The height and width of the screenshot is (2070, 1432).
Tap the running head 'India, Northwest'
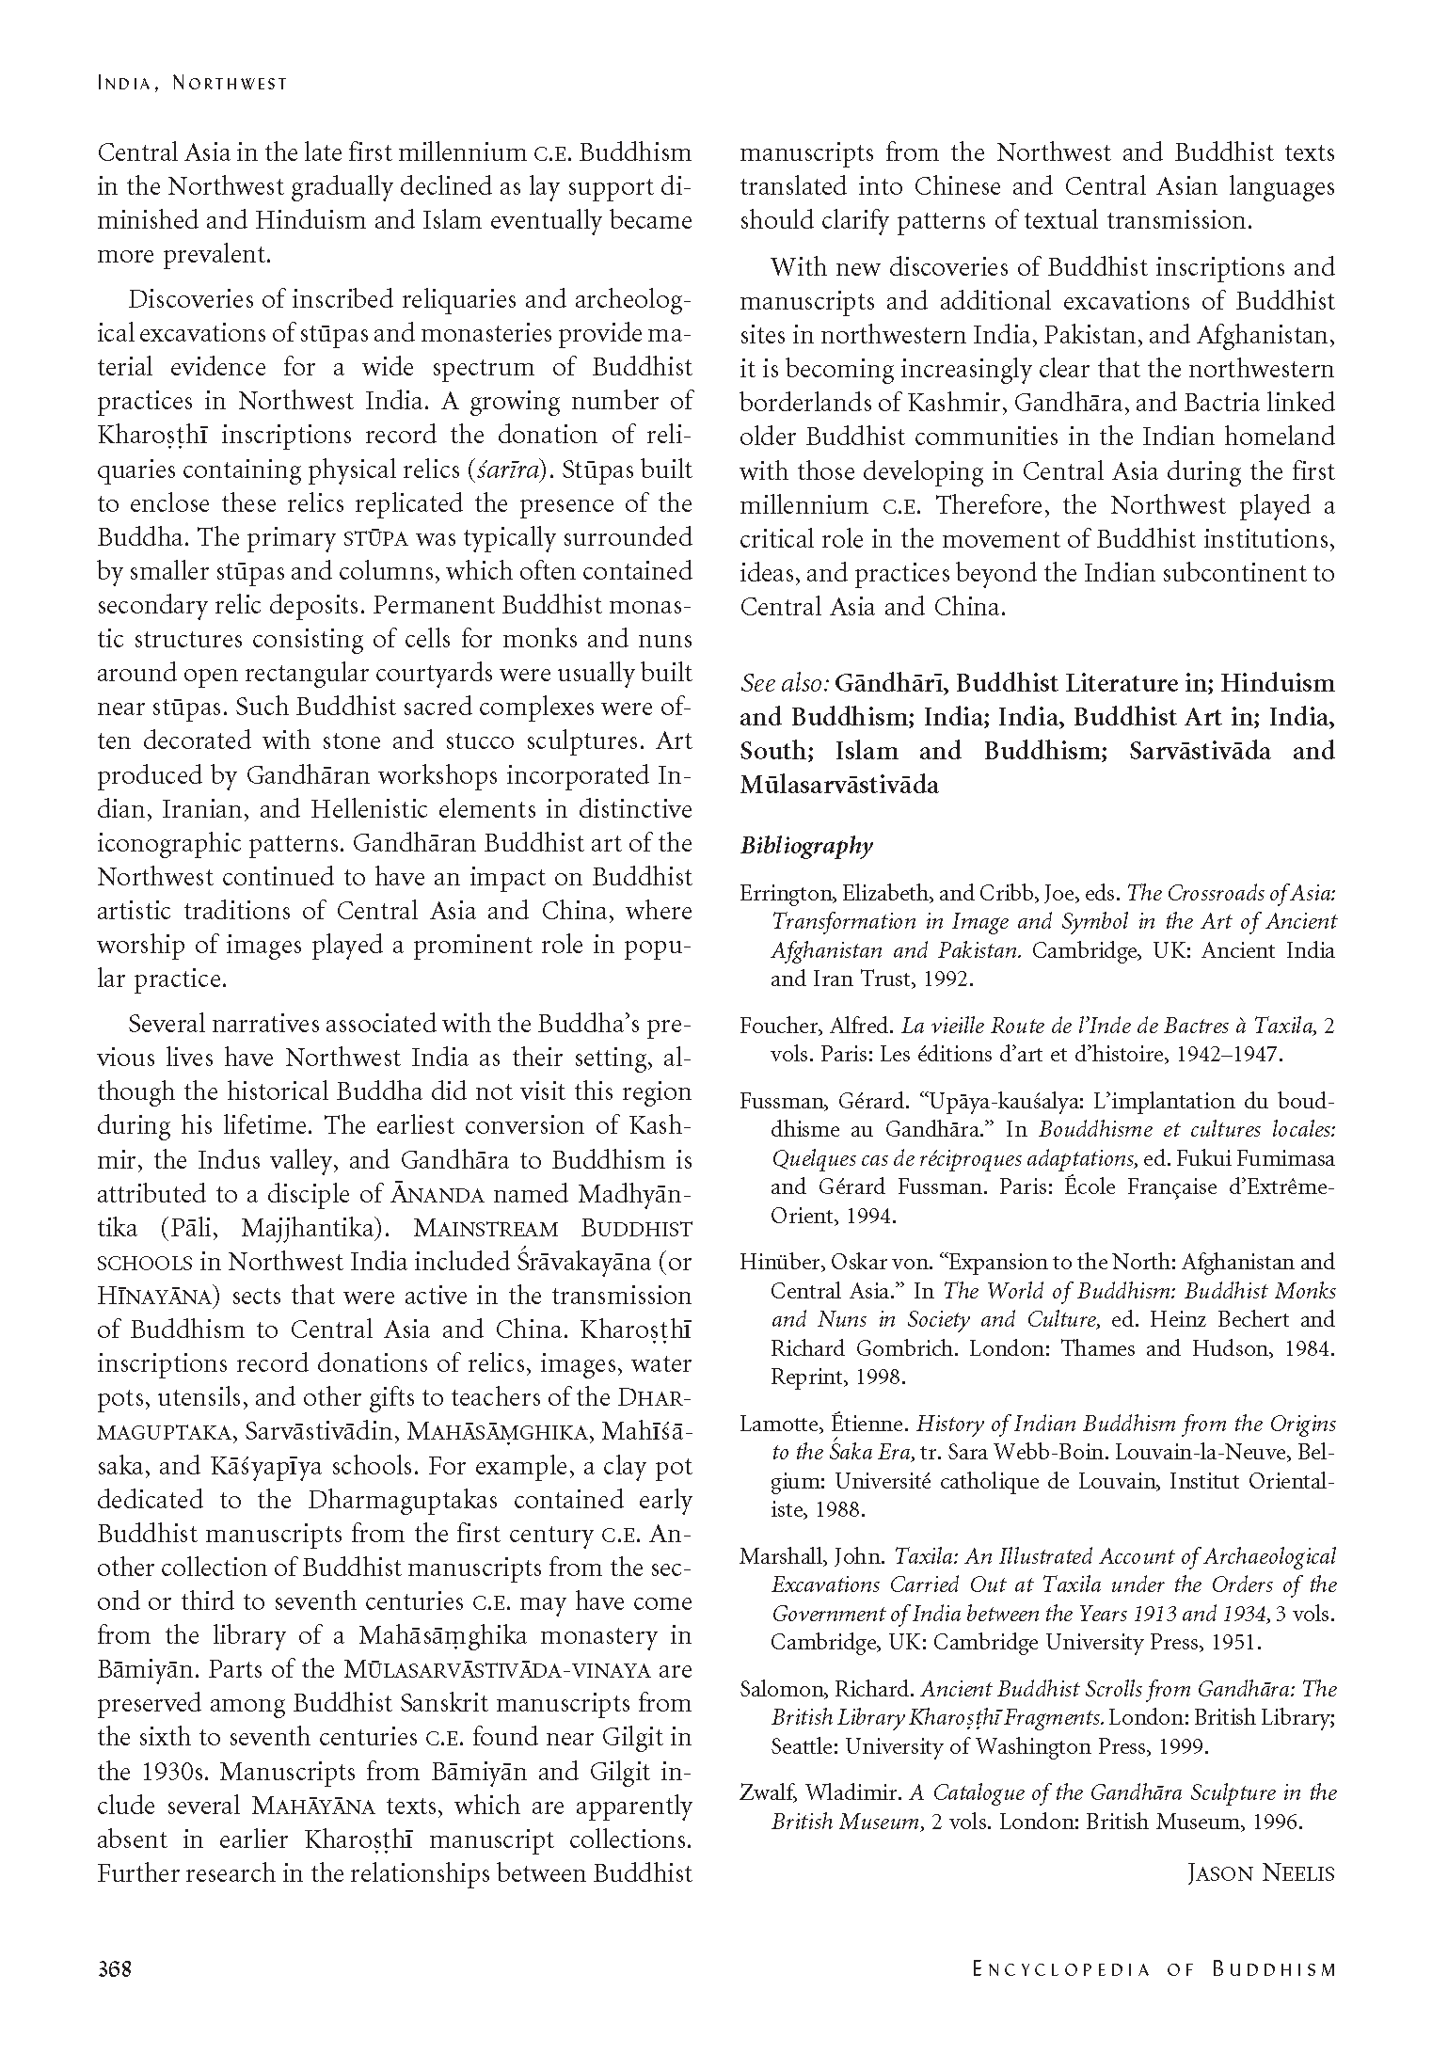coord(192,84)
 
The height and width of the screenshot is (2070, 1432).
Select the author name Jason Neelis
coord(1261,1873)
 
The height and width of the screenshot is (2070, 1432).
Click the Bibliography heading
coord(806,846)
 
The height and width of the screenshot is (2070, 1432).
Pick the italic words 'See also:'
coord(784,683)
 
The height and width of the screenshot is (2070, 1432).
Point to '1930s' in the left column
coord(151,1771)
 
